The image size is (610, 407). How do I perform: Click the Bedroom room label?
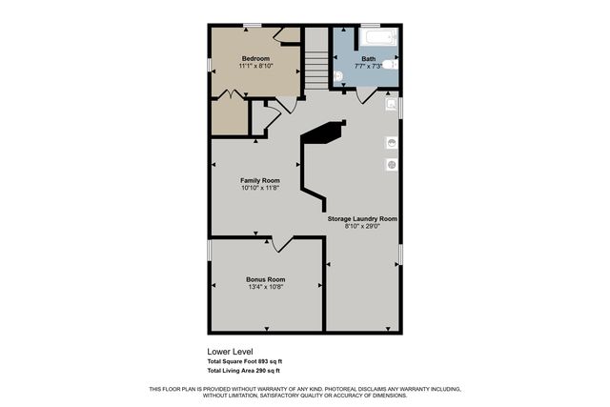255,58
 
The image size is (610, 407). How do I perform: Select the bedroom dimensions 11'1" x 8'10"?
255,66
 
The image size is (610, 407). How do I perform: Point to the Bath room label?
368,58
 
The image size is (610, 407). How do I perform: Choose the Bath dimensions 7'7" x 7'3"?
368,66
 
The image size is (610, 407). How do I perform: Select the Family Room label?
259,180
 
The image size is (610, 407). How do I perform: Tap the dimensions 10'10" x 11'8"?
259,188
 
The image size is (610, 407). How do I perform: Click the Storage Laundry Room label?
362,218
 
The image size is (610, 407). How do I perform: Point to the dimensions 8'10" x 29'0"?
362,226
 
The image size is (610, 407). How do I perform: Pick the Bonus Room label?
265,279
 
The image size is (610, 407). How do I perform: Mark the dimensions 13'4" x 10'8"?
265,287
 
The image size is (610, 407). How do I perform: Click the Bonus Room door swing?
282,245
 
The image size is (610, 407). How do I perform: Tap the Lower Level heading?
230,352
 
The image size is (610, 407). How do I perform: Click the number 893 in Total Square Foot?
264,361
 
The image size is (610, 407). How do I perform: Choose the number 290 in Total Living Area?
261,370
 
